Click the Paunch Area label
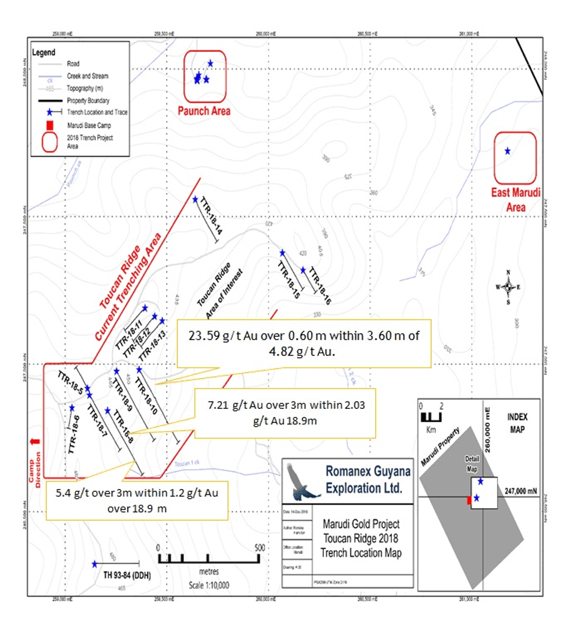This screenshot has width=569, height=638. (204, 111)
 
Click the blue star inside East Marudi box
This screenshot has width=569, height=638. (507, 151)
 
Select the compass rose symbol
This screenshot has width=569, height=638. (508, 287)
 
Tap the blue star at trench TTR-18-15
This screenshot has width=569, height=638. (282, 253)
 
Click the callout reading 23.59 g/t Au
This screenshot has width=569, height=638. (304, 343)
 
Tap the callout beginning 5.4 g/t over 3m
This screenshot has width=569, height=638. (136, 500)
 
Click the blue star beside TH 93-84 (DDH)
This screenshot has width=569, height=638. (95, 564)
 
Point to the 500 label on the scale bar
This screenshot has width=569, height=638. (259, 548)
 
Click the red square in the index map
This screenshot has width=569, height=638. (469, 500)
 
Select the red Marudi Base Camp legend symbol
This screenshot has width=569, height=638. (50, 125)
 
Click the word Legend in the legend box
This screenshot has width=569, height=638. (44, 52)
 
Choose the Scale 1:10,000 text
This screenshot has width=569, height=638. (209, 585)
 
